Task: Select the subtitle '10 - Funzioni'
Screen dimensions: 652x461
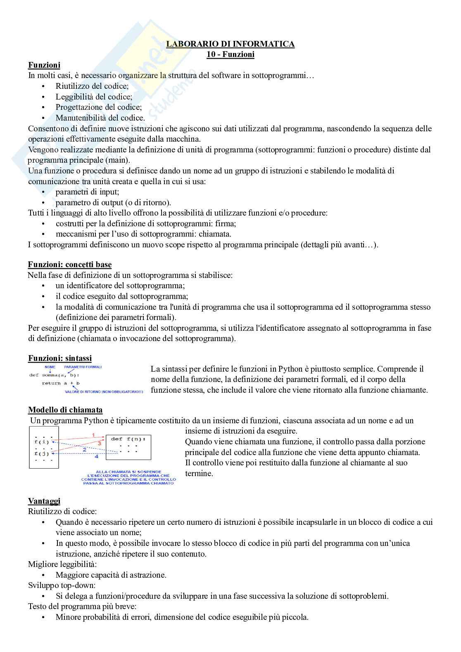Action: point(230,55)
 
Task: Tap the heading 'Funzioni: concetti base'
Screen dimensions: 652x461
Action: point(70,265)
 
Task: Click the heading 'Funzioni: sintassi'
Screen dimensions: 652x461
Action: point(60,358)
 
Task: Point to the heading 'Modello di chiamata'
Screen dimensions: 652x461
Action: point(65,410)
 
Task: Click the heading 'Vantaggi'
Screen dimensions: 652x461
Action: point(44,501)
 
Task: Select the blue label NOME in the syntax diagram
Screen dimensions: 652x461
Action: point(50,367)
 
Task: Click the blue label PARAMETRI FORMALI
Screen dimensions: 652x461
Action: point(83,367)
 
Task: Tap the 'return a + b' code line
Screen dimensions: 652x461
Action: point(61,383)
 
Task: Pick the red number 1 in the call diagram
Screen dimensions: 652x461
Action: point(93,435)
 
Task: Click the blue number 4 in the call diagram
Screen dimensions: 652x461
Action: point(96,457)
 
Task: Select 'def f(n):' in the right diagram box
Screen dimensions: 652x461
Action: point(128,439)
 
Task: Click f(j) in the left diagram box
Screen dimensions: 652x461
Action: point(42,453)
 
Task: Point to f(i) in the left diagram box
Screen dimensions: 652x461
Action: point(42,442)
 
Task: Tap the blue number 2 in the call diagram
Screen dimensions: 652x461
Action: point(85,449)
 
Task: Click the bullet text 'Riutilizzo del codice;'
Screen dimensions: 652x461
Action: point(92,86)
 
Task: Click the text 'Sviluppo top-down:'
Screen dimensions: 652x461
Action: point(62,586)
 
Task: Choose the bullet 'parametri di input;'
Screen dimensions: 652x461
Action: point(87,192)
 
